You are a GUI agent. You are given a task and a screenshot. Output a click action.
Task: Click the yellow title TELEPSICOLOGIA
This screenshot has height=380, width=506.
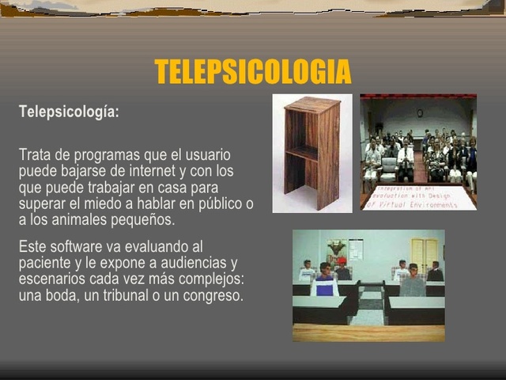pyautogui.click(x=253, y=72)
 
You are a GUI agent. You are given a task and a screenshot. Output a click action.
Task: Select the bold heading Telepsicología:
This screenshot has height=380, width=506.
pyautogui.click(x=69, y=112)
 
